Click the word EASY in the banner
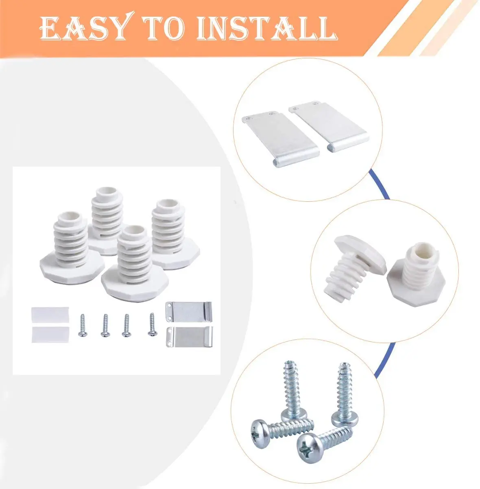[84, 29]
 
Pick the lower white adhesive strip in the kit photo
[50, 334]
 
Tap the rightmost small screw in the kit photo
[152, 324]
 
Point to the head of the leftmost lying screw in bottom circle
[262, 429]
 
